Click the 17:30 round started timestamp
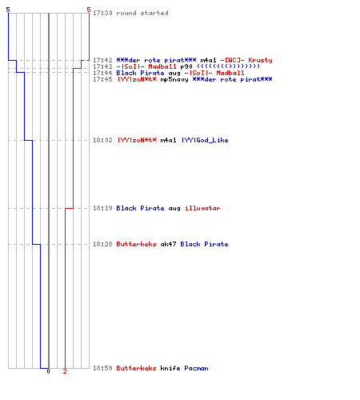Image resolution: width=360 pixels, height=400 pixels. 102,13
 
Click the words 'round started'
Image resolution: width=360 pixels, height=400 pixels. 142,13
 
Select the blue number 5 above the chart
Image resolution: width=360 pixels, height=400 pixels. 8,10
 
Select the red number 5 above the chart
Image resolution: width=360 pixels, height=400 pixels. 89,10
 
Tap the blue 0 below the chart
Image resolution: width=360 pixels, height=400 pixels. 48,371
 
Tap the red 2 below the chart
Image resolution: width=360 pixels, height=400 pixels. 65,371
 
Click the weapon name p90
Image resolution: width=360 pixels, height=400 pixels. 186,66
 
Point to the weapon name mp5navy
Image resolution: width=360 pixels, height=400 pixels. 174,79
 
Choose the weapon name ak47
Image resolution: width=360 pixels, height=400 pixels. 168,244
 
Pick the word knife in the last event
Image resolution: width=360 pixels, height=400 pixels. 170,368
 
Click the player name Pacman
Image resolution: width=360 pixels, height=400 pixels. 196,368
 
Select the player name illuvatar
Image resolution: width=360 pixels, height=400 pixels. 202,208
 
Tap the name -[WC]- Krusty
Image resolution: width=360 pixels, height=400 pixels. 246,60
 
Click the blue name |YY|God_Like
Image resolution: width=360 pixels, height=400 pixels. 205,140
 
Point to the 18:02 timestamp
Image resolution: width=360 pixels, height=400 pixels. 102,140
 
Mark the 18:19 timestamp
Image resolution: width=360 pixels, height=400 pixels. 102,208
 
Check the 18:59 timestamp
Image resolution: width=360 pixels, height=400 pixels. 102,368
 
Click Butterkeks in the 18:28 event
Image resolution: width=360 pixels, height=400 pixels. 136,244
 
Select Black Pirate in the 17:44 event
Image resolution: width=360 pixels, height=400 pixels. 140,73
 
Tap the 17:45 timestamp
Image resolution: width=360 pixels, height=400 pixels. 102,79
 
